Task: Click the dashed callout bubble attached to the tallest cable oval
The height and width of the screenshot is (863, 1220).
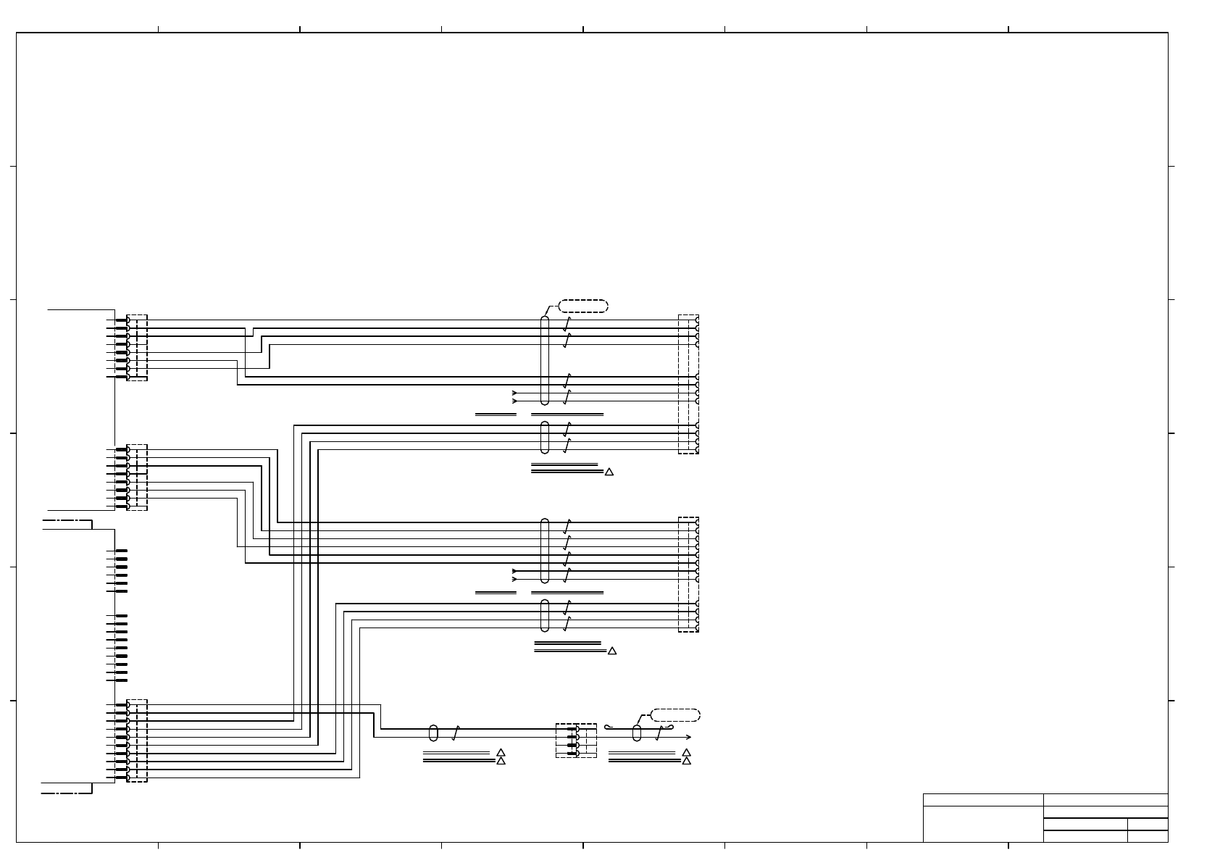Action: pyautogui.click(x=583, y=306)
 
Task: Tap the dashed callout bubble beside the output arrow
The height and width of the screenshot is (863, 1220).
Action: pyautogui.click(x=675, y=715)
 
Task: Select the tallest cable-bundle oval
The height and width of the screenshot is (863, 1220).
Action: pyautogui.click(x=545, y=360)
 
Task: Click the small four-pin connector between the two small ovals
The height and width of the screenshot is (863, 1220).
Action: pyautogui.click(x=576, y=741)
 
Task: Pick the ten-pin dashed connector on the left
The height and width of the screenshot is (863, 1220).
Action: pyautogui.click(x=137, y=741)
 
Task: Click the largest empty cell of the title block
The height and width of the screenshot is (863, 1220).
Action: pyautogui.click(x=982, y=824)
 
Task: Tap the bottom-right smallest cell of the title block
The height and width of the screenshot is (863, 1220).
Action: pyautogui.click(x=1148, y=836)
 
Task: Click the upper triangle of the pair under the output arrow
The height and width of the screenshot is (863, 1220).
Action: pyautogui.click(x=687, y=753)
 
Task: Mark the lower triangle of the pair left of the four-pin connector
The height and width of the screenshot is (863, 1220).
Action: pyautogui.click(x=501, y=761)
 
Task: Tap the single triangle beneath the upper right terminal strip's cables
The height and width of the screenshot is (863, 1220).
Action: pyautogui.click(x=609, y=472)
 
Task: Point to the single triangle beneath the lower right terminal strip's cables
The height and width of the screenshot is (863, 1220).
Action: pyautogui.click(x=611, y=651)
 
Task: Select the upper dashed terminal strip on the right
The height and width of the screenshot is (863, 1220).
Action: pyautogui.click(x=688, y=384)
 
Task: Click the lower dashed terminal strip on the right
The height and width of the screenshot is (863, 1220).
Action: pyautogui.click(x=688, y=574)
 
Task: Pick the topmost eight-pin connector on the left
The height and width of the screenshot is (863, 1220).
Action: pyautogui.click(x=137, y=348)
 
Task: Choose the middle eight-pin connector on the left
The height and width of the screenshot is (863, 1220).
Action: pyautogui.click(x=137, y=478)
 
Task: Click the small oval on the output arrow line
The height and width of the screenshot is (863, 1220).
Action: pyautogui.click(x=637, y=733)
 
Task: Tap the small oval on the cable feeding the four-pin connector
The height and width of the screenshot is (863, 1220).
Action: pyautogui.click(x=433, y=733)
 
